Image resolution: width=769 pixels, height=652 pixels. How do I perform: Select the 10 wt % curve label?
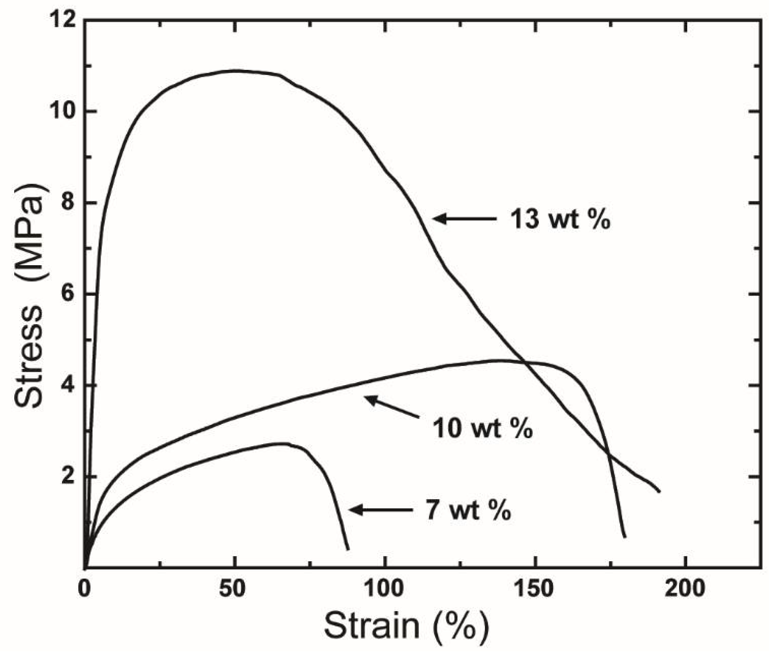click(x=482, y=428)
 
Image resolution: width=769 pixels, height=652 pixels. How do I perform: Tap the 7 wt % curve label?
click(x=468, y=510)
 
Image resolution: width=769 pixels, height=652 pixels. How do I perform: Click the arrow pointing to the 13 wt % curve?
click(x=464, y=218)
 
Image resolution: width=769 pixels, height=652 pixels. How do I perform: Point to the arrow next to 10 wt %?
click(x=391, y=407)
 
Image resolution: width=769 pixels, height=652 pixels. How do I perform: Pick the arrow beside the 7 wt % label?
click(x=381, y=510)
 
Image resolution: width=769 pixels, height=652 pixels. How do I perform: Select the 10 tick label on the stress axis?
click(x=62, y=112)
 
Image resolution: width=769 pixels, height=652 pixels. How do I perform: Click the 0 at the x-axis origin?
click(x=85, y=588)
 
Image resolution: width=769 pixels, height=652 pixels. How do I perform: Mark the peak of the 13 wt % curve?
click(x=235, y=71)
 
